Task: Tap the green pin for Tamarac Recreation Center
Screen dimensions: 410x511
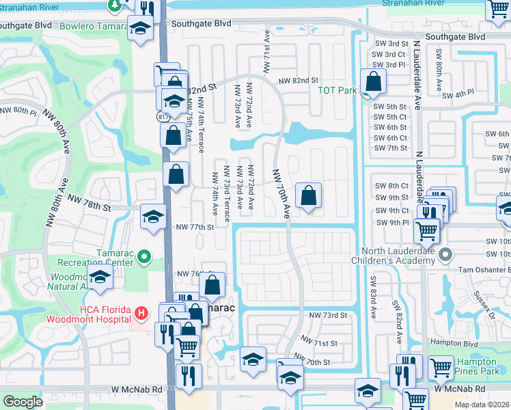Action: pos(143,257)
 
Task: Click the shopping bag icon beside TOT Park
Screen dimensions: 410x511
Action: pos(374,83)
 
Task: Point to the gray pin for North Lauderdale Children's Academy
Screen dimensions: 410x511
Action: pos(445,255)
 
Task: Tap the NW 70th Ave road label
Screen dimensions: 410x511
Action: pos(281,195)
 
